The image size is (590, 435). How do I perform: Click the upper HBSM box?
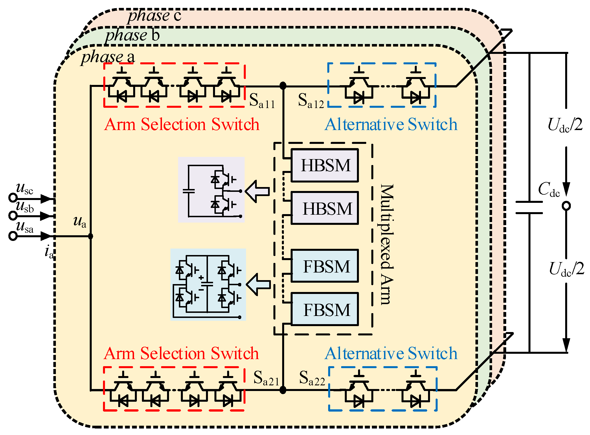point(324,166)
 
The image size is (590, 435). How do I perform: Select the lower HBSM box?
point(324,208)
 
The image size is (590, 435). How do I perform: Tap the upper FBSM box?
point(324,266)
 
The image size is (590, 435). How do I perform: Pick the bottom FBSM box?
point(324,309)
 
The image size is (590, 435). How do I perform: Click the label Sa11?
point(262,101)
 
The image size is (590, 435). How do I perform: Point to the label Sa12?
point(311,101)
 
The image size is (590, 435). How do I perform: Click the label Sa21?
point(266,378)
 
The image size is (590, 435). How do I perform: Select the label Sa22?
point(312,378)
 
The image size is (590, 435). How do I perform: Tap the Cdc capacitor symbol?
point(529,207)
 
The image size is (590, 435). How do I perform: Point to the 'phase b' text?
point(132,36)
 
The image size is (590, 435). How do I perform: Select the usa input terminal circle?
point(13,236)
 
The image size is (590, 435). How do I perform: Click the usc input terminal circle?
point(13,197)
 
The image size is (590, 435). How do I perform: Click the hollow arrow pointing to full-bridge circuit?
point(258,284)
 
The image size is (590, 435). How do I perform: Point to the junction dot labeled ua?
point(91,236)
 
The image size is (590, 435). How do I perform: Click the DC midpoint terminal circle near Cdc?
point(566,206)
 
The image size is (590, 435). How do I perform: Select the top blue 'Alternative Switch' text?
point(391,124)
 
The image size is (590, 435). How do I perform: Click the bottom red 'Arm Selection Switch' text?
point(181,353)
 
